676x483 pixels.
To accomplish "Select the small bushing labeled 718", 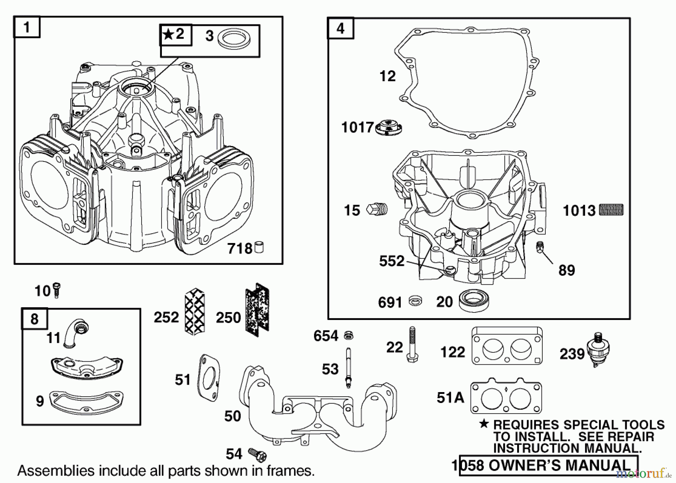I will pyautogui.click(x=259, y=248).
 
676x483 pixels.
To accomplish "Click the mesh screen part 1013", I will pyautogui.click(x=611, y=210).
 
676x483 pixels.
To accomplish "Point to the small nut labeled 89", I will pyautogui.click(x=540, y=247).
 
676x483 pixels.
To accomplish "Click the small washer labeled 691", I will pyautogui.click(x=415, y=300).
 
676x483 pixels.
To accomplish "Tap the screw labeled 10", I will pyautogui.click(x=57, y=290).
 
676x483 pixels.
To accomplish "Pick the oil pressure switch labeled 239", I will pyautogui.click(x=600, y=349).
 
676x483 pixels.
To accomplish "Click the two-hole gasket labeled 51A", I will pyautogui.click(x=506, y=398).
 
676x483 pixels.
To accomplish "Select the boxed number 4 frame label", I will pyautogui.click(x=340, y=28).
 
